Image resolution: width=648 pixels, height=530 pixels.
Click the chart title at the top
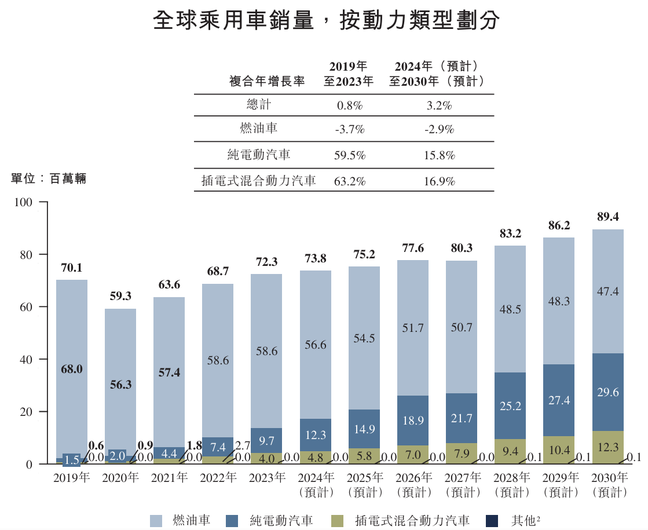326,21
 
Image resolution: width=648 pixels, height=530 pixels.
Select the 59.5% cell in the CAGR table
349,156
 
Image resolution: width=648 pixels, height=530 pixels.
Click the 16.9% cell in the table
439,181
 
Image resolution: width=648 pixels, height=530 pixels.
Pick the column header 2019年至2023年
349,74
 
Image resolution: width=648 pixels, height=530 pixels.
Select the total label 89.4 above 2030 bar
607,217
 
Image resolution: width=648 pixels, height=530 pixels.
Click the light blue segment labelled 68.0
72,369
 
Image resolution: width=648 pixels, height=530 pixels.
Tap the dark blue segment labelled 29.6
607,392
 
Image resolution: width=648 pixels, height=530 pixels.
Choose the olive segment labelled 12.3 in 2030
607,447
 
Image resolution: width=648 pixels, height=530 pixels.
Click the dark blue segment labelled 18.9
413,420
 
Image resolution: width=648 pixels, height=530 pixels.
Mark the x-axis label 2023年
266,478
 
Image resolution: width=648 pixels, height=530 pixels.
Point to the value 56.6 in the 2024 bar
316,345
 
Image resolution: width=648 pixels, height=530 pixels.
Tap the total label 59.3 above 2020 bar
120,296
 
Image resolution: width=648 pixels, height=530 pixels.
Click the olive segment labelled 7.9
462,453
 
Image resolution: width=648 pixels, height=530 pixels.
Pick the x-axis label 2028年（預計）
510,485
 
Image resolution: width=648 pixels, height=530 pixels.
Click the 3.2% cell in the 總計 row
439,106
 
